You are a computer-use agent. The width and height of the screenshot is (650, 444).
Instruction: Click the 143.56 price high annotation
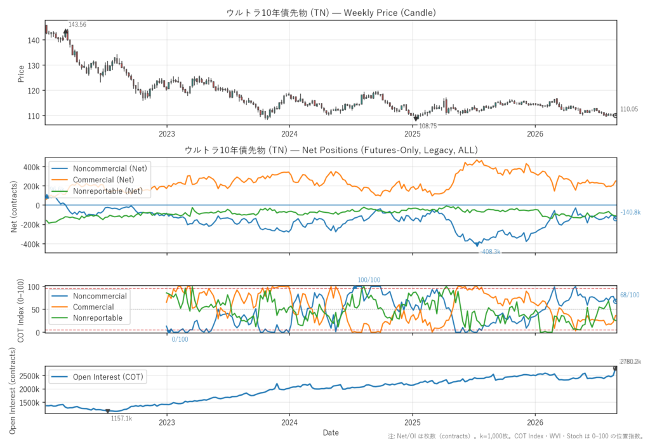[77, 25]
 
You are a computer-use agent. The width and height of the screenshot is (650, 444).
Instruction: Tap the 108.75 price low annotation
[428, 126]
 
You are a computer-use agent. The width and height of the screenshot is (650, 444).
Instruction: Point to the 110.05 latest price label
[629, 109]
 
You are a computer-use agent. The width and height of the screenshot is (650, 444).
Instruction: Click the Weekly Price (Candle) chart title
[331, 13]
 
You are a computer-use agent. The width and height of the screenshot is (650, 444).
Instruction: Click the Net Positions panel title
[331, 150]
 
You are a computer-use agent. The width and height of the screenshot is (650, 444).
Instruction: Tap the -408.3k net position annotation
[491, 252]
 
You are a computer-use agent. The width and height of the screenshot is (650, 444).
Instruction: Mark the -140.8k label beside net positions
[630, 212]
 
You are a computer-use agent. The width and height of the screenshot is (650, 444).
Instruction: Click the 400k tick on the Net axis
[32, 167]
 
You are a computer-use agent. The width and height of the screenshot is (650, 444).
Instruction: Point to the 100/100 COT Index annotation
[369, 280]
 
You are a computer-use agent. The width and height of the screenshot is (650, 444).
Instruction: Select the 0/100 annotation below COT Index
[180, 339]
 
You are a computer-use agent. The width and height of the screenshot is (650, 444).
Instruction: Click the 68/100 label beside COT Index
[630, 295]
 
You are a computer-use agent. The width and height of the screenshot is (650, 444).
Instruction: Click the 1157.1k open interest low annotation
[121, 419]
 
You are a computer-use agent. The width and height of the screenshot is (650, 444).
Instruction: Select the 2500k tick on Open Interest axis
[29, 377]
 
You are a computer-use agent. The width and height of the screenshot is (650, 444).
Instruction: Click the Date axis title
[331, 433]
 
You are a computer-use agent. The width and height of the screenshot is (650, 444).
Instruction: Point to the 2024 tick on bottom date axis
[289, 422]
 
